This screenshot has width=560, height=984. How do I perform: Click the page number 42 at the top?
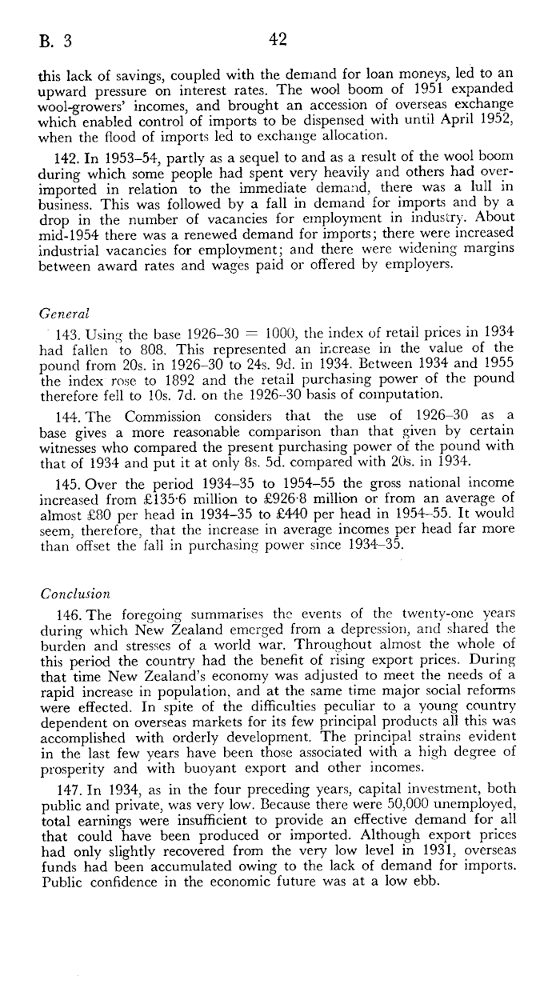point(278,40)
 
